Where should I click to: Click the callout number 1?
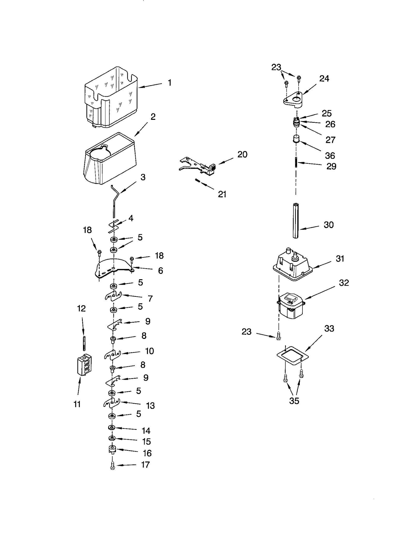[x=169, y=83]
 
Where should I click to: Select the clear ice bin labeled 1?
[x=111, y=98]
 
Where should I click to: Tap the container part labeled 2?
[x=110, y=159]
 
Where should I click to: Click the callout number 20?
[x=242, y=154]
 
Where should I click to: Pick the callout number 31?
[x=340, y=259]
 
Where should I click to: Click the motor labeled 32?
[x=290, y=306]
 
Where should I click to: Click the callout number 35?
[x=294, y=401]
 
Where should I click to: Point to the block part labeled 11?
[x=84, y=364]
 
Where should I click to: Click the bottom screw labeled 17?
[x=112, y=466]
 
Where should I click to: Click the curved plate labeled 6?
[x=114, y=269]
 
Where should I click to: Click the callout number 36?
[x=330, y=156]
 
